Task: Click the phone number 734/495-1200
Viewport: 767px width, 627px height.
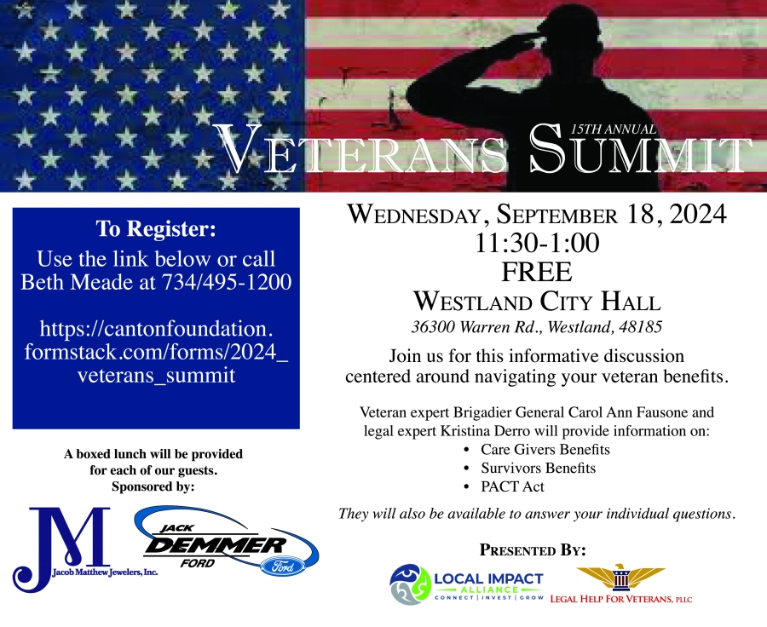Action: point(227,282)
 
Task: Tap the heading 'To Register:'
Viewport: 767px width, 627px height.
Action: point(156,229)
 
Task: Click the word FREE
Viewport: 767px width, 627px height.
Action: point(537,272)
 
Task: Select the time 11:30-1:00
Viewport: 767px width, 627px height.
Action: point(537,243)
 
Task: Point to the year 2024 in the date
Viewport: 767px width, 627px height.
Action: point(698,214)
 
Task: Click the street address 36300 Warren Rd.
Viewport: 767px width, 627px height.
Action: point(474,326)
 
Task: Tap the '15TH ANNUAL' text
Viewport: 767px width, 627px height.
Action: point(614,129)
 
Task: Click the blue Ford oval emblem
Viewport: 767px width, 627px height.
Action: point(282,567)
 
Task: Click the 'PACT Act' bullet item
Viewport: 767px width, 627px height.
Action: point(512,486)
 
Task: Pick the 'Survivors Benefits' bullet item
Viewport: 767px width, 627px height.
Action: point(538,468)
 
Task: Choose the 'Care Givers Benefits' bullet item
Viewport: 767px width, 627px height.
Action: point(545,450)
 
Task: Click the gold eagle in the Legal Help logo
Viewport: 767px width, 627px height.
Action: point(620,577)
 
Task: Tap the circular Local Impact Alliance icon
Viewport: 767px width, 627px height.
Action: point(410,584)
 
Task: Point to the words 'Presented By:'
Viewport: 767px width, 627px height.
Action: point(532,549)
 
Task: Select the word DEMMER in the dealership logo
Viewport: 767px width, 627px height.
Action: point(216,545)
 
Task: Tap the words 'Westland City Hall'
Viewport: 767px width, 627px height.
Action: point(537,301)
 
